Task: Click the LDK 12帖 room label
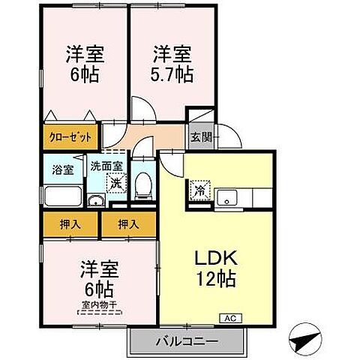click(217, 269)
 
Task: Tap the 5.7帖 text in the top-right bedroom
click(173, 76)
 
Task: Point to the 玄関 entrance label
click(200, 137)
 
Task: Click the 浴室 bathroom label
click(63, 169)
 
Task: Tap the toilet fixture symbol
click(142, 185)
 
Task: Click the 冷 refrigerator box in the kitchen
click(200, 190)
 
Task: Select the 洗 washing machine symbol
click(115, 182)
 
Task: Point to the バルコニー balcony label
click(187, 342)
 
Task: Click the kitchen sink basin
click(226, 198)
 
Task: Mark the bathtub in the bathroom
click(64, 196)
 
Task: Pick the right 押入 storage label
click(129, 223)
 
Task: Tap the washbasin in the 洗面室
click(96, 199)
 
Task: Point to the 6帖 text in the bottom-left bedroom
click(98, 288)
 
